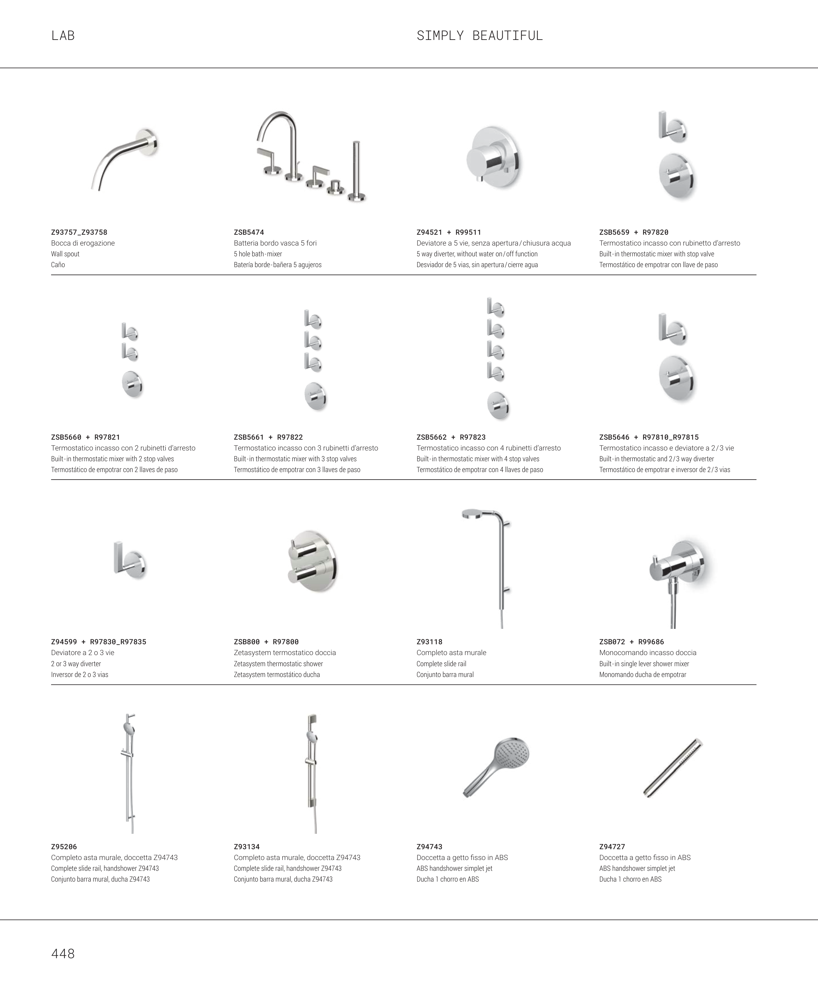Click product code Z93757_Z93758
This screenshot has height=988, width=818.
click(79, 232)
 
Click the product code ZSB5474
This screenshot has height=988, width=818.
click(249, 232)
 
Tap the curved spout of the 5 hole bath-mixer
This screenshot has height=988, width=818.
click(278, 122)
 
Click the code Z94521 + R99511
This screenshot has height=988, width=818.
click(449, 232)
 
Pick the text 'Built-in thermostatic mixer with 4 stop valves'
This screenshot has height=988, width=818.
click(478, 459)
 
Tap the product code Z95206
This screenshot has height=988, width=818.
click(64, 847)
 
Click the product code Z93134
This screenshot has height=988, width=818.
click(247, 847)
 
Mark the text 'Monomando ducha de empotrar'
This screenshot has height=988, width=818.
click(642, 675)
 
